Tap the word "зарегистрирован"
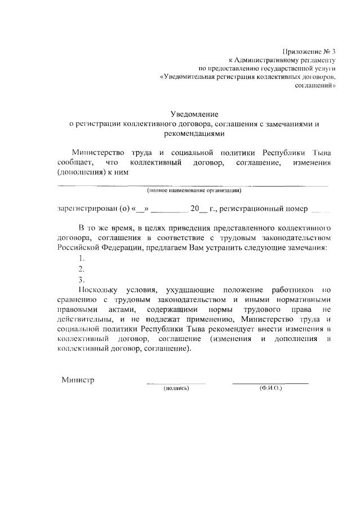coord(85,209)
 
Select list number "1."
coord(82,258)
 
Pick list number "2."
coord(82,268)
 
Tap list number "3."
coord(82,279)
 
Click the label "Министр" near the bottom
coord(78,379)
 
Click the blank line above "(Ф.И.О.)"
coord(270,383)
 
